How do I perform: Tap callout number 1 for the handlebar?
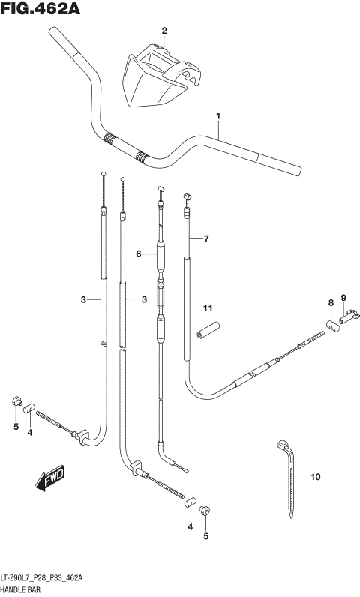point(218,116)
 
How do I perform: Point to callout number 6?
point(139,254)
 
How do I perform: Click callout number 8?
point(329,302)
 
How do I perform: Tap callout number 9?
point(344,298)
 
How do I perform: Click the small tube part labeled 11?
point(206,331)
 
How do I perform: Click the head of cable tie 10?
point(283,446)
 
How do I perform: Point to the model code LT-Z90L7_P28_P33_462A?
point(44,578)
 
